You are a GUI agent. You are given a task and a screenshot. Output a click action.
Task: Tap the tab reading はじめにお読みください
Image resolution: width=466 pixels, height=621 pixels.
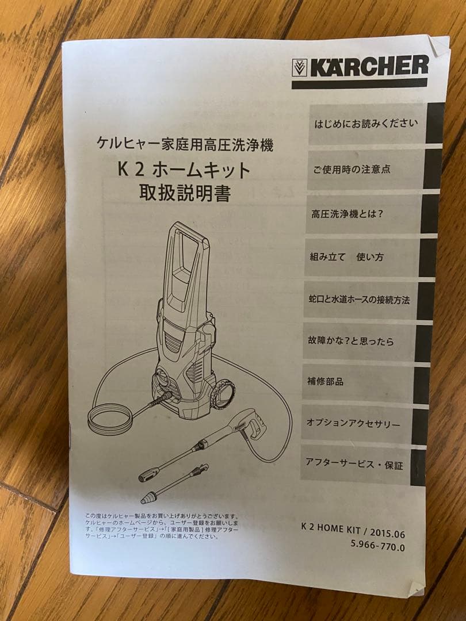click(x=366, y=124)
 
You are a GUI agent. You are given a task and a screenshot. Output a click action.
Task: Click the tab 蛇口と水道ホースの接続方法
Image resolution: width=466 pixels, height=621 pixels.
click(x=360, y=300)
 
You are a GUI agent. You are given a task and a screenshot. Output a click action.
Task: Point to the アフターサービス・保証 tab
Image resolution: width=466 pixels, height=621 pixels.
click(x=354, y=464)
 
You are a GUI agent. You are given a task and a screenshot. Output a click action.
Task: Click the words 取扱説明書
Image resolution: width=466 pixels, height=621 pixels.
click(x=185, y=193)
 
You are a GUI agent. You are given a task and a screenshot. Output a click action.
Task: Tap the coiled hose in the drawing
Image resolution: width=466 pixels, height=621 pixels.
click(x=109, y=418)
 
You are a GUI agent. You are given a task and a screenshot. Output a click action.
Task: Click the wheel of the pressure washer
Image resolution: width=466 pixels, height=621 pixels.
click(x=223, y=394)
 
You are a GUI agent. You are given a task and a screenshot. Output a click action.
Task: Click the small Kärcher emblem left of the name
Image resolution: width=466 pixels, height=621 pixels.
click(x=299, y=68)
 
